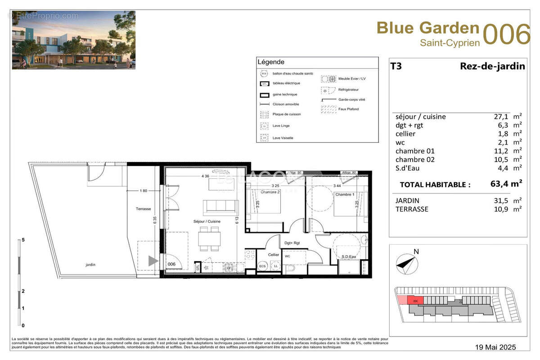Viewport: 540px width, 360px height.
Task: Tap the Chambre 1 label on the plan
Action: pos(344,194)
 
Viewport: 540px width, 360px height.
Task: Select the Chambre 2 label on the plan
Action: pos(270,192)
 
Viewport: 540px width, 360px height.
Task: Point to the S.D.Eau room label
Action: pos(350,257)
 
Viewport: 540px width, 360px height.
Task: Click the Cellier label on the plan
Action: pos(274,255)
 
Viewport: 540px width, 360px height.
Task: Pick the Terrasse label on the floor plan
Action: pos(143,209)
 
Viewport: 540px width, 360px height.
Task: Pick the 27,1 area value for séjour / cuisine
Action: pos(500,117)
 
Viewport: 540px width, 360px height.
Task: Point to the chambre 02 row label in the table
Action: pos(415,159)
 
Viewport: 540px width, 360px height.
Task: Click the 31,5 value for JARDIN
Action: pos(500,200)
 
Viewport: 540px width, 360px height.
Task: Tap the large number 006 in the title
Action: pos(506,34)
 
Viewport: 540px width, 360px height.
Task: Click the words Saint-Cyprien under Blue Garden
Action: pos(450,43)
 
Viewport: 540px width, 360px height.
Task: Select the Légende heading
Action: pos(270,62)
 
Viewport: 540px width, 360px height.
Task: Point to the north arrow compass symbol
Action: pos(407,264)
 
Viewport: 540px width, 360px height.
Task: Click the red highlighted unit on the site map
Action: pos(415,300)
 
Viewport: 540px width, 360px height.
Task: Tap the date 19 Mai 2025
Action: pos(496,347)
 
